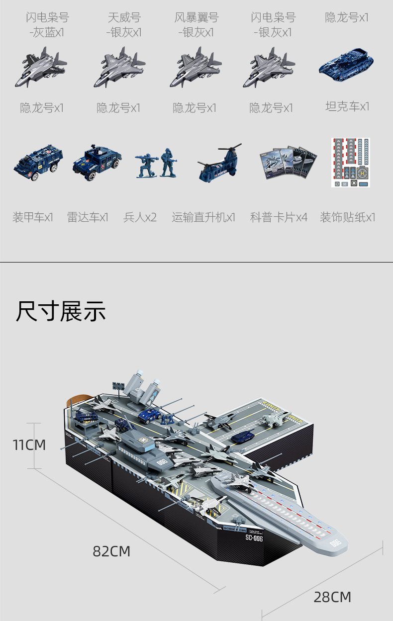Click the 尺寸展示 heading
click(61, 312)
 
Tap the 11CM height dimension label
click(29, 445)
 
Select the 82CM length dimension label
click(111, 551)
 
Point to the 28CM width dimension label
click(332, 597)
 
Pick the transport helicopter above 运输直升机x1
click(219, 163)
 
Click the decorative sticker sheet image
click(351, 163)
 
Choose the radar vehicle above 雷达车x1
click(97, 163)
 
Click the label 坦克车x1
click(347, 106)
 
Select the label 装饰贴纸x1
click(347, 217)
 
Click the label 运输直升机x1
click(203, 217)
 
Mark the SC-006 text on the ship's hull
click(254, 537)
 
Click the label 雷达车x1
click(88, 217)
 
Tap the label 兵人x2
click(140, 217)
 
